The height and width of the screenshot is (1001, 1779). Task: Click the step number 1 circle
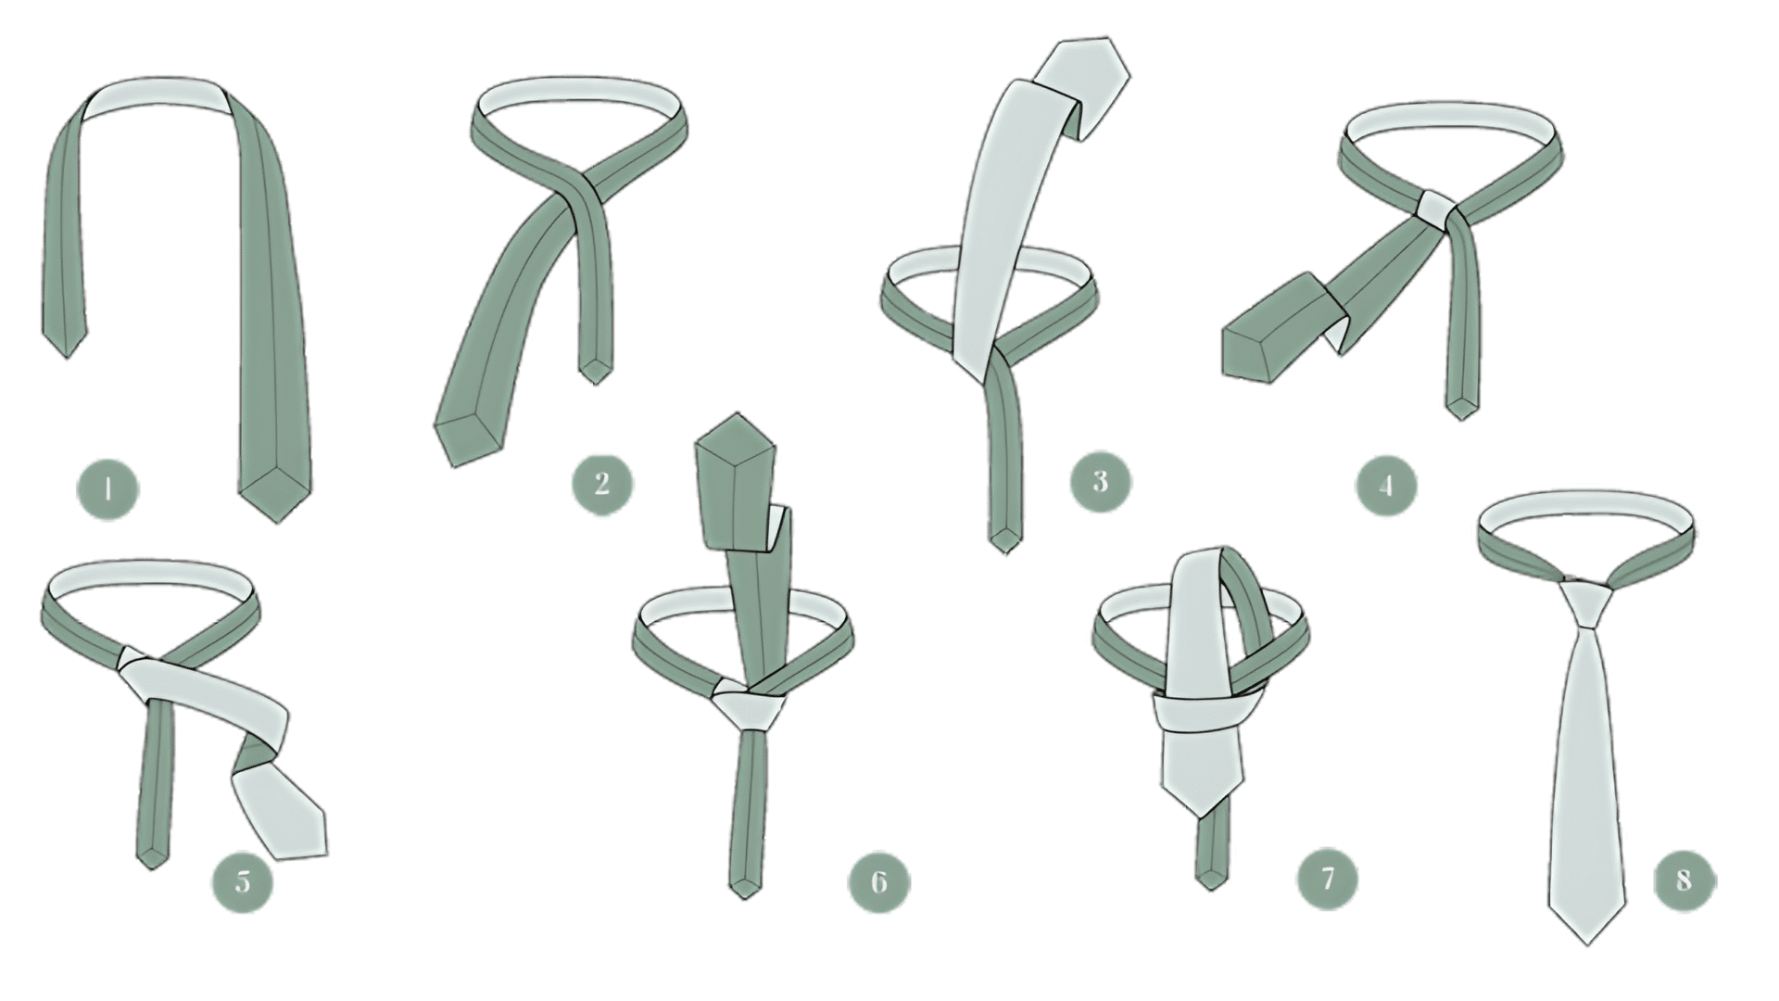coord(108,488)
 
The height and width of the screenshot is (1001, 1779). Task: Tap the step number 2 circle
coord(602,482)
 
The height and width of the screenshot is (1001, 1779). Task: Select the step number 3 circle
coord(1101,481)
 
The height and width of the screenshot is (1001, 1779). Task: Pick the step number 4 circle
coord(1386,485)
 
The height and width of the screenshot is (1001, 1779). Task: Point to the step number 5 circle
coord(243,880)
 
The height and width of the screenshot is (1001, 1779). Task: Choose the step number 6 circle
coord(879,880)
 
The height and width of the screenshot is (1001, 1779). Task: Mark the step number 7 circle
coord(1328,877)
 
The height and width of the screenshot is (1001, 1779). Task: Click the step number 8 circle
coord(1684,879)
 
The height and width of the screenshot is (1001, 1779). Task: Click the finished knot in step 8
coord(1586,602)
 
